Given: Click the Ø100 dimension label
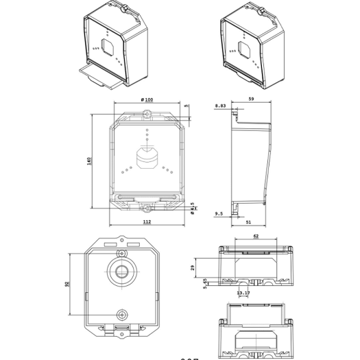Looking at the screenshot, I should point(146,100).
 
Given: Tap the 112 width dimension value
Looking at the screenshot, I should point(147,222).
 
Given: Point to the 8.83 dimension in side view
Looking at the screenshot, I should point(220,106).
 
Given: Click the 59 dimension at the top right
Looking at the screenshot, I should point(252,100).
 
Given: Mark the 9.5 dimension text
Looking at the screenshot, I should point(219,213).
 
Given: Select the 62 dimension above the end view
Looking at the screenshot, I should point(256,237).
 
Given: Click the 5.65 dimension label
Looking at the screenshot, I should point(204,284).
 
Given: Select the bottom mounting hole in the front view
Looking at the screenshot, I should point(147,204).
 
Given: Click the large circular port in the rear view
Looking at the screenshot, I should point(122,270).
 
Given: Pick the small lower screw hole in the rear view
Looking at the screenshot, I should point(122,315).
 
